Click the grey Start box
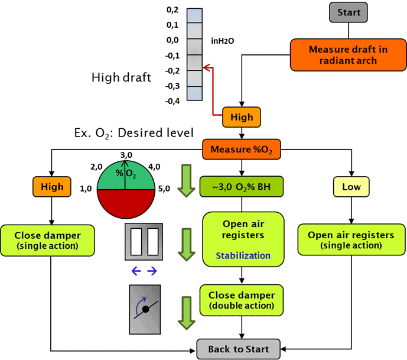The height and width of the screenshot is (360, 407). point(349,12)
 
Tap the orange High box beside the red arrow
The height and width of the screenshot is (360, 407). point(241,117)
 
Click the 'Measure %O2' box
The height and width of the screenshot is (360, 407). point(241,150)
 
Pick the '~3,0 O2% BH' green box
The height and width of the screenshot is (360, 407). point(241,187)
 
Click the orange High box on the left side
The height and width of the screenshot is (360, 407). point(52,187)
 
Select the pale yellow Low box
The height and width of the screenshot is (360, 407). point(351,187)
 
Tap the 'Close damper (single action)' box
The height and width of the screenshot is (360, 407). point(47,239)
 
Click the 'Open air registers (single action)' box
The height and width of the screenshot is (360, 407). point(350,239)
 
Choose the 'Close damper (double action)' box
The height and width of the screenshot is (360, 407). point(241,300)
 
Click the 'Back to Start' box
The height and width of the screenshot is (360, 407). point(238,349)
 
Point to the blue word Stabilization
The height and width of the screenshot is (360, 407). point(243,256)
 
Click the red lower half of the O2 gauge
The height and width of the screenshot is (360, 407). point(125,204)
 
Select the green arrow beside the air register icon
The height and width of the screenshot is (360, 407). point(187,244)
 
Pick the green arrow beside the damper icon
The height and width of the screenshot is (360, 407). point(187,313)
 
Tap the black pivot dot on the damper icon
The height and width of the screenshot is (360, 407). point(145,309)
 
